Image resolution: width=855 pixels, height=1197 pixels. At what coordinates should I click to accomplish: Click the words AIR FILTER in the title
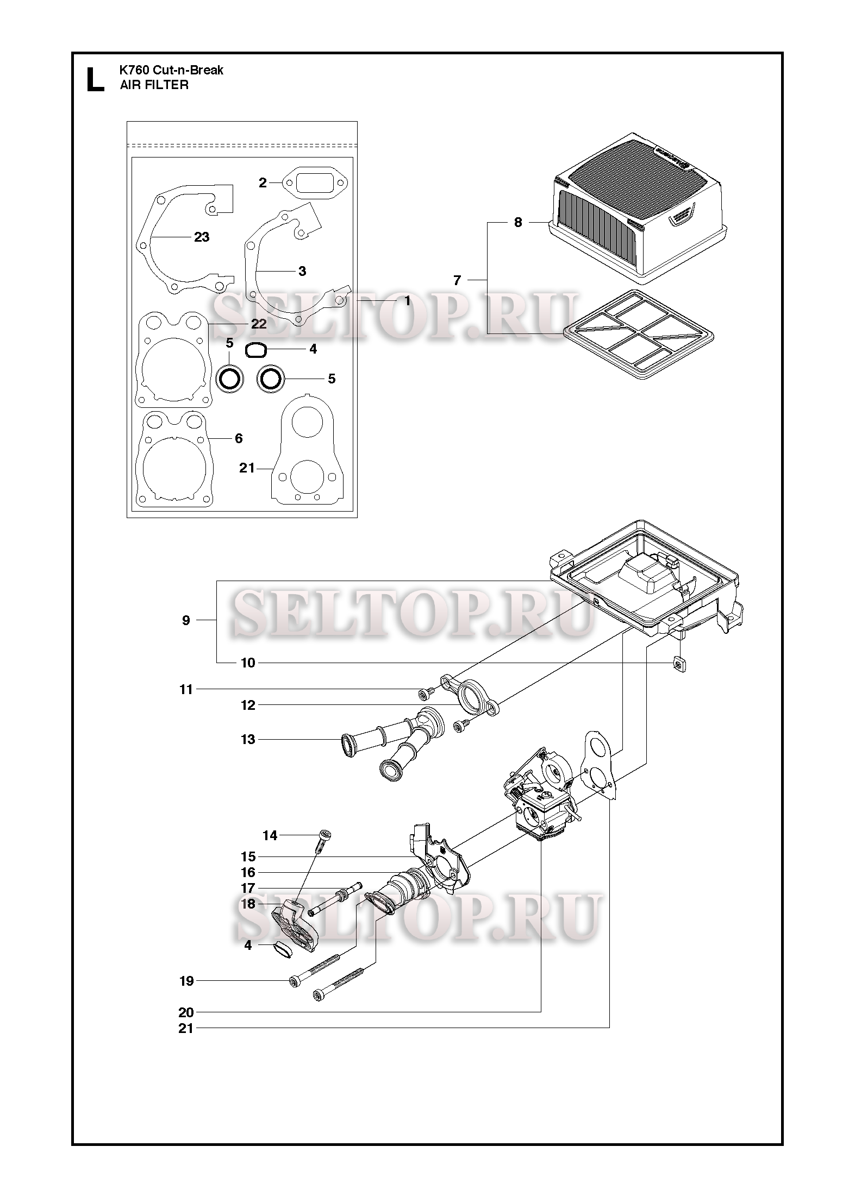(x=154, y=85)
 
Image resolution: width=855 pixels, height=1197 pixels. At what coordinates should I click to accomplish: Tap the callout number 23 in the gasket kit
(x=202, y=237)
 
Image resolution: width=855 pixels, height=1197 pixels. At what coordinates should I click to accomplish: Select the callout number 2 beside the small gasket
(x=263, y=182)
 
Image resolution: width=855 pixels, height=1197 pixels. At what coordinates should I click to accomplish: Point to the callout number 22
(x=259, y=324)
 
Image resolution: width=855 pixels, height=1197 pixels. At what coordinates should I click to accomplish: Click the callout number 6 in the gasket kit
(x=239, y=438)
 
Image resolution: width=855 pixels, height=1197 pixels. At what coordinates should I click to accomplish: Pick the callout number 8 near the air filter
(x=518, y=222)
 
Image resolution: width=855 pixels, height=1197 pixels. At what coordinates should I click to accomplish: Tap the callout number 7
(x=457, y=280)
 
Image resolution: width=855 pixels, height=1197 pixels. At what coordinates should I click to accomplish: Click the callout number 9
(x=186, y=620)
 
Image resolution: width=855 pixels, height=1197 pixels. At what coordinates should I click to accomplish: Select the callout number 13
(x=248, y=739)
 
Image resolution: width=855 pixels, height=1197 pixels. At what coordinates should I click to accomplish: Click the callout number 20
(x=186, y=1012)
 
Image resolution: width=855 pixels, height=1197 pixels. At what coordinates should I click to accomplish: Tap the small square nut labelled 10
(x=678, y=663)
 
